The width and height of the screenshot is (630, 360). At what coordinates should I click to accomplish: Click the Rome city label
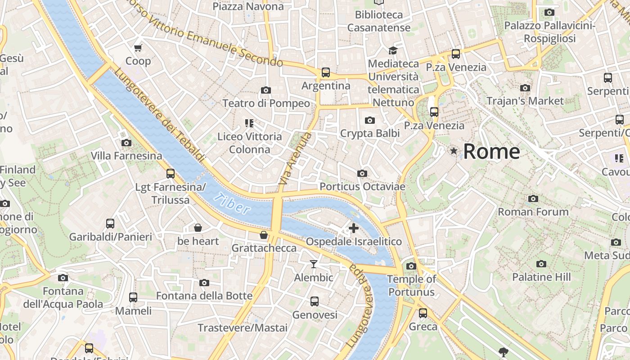tap(491, 151)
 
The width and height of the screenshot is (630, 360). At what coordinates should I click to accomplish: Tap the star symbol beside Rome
tap(454, 151)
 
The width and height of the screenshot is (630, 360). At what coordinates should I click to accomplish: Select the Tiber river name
tap(232, 203)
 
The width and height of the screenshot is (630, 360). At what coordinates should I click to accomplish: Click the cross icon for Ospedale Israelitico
tap(354, 228)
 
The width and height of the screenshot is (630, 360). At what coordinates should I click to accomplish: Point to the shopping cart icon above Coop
tap(138, 48)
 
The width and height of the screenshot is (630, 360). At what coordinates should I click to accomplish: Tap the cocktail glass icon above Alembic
tap(314, 264)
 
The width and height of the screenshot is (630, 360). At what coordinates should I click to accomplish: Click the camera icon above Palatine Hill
tap(541, 264)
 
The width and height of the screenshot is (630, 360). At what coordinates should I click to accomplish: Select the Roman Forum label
tap(533, 211)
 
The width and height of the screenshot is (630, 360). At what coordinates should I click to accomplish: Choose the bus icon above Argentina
tap(325, 72)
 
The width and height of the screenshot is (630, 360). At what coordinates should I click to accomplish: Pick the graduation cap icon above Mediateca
tap(393, 50)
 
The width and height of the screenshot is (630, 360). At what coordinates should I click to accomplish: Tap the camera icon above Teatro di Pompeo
tap(266, 90)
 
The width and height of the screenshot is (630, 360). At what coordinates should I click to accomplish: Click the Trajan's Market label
tap(525, 101)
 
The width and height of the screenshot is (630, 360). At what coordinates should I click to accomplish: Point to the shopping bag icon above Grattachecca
tap(264, 235)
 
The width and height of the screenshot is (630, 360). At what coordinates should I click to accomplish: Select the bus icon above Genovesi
tap(315, 301)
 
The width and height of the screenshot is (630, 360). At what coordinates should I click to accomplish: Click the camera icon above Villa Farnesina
tap(126, 143)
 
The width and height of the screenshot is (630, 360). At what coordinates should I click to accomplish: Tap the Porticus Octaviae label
tap(362, 186)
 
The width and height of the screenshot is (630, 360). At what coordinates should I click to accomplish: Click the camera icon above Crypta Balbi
tap(370, 120)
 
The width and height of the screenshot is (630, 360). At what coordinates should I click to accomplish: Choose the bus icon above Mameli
tap(133, 297)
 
